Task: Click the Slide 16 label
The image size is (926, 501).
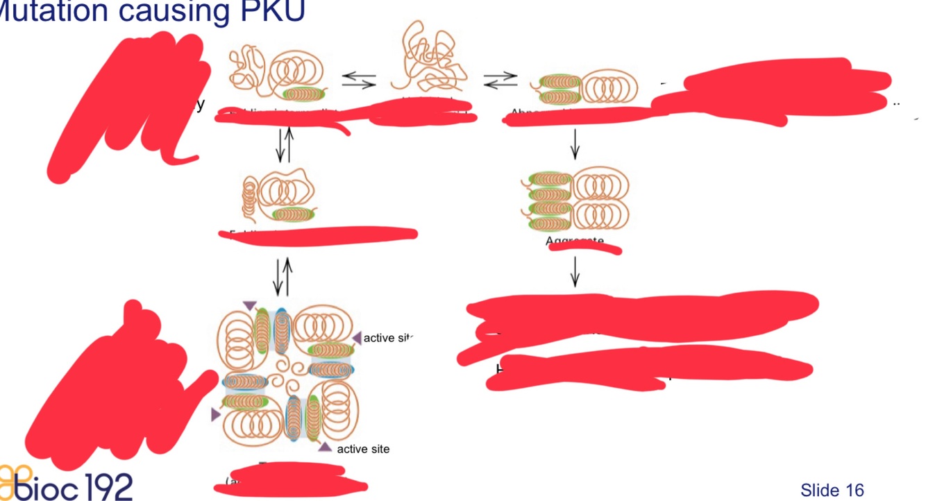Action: click(832, 491)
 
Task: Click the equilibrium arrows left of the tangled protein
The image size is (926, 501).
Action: click(359, 81)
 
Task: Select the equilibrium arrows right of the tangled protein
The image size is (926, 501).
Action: click(500, 80)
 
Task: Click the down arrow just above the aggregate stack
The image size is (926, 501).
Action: click(574, 144)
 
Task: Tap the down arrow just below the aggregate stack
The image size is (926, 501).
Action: click(574, 271)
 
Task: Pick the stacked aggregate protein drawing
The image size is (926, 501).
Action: click(575, 199)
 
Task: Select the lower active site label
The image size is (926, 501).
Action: click(363, 449)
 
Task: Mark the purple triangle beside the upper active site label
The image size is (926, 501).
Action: click(357, 338)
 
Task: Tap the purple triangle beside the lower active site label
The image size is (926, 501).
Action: click(325, 446)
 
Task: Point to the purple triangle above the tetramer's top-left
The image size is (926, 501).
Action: click(250, 305)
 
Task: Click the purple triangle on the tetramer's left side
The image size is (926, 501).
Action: click(215, 414)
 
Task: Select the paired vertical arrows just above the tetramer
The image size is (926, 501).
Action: click(283, 277)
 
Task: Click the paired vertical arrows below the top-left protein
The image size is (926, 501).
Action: click(284, 144)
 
